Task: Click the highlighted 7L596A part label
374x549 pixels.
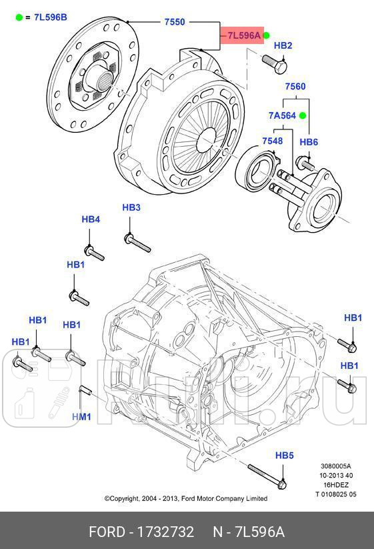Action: (243, 36)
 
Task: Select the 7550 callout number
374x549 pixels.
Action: (175, 22)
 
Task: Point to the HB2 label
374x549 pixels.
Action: (283, 45)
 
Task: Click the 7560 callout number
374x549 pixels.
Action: (295, 87)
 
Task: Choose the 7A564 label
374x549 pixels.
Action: (282, 115)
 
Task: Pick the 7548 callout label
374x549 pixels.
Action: (272, 141)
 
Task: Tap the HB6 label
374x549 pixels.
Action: (309, 142)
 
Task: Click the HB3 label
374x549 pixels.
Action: (131, 207)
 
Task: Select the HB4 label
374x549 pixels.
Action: (91, 219)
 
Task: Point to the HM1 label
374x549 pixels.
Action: (81, 417)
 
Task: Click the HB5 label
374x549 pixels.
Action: (285, 455)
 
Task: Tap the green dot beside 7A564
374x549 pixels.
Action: (302, 115)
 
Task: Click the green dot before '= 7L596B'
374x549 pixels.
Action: (19, 17)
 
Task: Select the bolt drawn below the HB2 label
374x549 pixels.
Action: (274, 63)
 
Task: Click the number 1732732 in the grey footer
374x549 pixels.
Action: (165, 532)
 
